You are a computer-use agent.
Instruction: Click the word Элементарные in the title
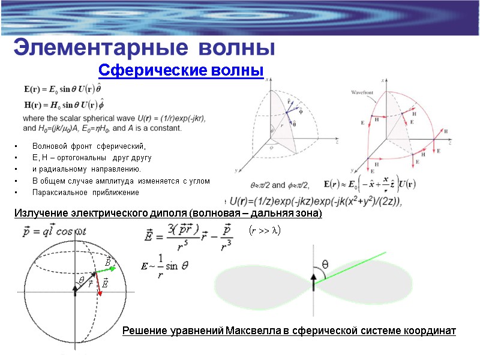click(x=81, y=47)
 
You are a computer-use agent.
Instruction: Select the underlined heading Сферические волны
click(x=181, y=70)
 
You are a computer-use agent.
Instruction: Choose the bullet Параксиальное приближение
click(x=85, y=193)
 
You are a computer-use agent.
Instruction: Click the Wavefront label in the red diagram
click(x=362, y=92)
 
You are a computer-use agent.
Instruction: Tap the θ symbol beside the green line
click(x=325, y=263)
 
